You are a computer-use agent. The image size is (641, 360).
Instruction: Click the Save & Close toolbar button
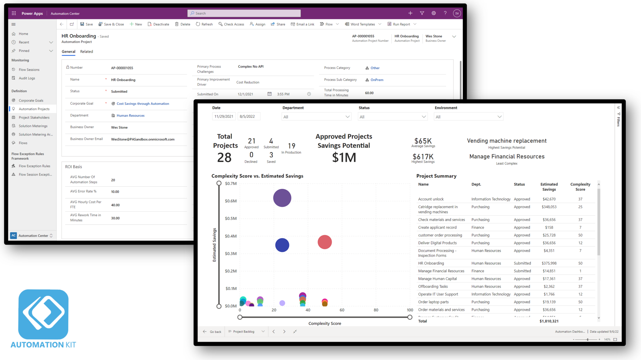[111, 24]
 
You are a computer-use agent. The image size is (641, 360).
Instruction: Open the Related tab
[86, 52]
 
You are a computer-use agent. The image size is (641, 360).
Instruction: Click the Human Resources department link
[130, 116]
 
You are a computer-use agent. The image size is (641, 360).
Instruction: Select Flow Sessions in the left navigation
[29, 69]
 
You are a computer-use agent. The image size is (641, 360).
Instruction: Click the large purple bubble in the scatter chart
[282, 198]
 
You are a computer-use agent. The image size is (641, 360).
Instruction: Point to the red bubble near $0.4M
[325, 242]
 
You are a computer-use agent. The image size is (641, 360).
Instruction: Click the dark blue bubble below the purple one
[282, 245]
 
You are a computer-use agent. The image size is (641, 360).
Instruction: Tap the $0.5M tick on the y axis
[231, 219]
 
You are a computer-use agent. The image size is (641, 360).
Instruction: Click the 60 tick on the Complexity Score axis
[342, 310]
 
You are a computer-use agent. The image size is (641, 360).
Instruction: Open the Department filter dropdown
[316, 117]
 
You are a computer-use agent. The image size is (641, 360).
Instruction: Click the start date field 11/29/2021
[224, 116]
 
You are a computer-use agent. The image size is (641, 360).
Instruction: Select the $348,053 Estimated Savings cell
[549, 207]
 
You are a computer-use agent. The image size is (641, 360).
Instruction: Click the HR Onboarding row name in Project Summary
[431, 263]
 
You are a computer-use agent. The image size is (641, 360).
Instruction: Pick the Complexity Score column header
[580, 187]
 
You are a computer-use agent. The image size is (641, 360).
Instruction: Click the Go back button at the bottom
[212, 332]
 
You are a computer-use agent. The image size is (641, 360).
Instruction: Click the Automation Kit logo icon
[43, 314]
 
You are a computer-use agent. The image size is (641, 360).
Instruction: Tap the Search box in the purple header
[244, 13]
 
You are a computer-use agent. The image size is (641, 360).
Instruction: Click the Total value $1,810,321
[549, 321]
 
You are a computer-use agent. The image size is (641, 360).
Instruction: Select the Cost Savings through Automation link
[143, 104]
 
